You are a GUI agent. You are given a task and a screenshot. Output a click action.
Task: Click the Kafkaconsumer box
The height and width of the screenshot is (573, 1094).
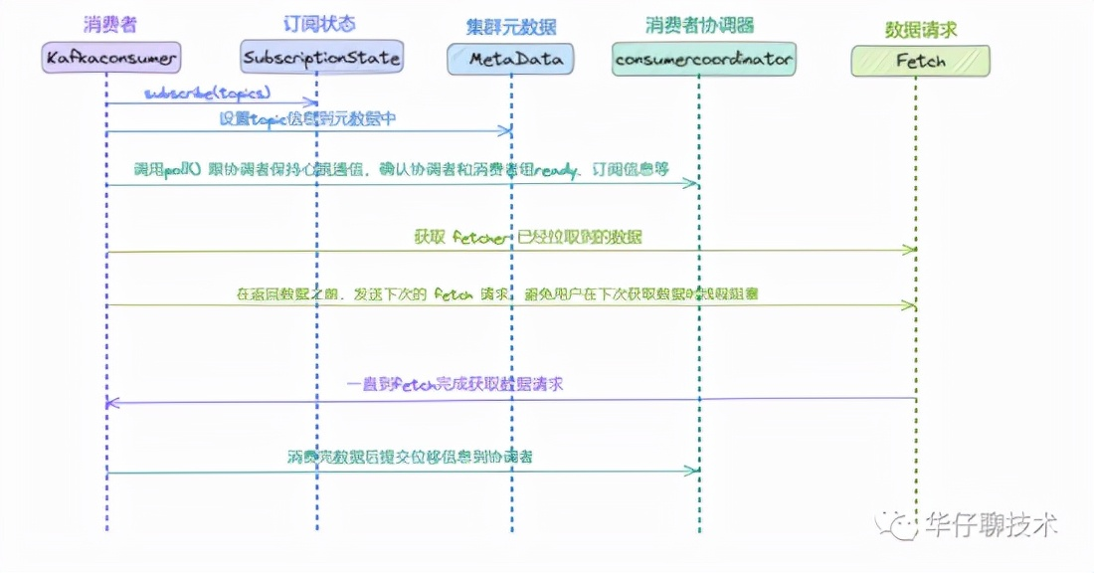[x=111, y=58]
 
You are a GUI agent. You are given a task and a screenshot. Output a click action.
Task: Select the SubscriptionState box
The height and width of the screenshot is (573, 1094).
[x=322, y=57]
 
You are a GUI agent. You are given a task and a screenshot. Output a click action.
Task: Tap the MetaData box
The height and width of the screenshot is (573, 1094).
[x=510, y=59]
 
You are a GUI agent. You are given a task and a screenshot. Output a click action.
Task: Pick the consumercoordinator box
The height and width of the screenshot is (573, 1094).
[x=703, y=60]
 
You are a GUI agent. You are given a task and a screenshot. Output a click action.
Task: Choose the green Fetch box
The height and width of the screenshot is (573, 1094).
[x=920, y=61]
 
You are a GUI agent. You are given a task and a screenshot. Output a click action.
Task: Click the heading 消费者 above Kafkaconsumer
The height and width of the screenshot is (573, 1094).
[x=109, y=23]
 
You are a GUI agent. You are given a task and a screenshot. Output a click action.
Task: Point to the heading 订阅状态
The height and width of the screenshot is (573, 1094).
[x=319, y=22]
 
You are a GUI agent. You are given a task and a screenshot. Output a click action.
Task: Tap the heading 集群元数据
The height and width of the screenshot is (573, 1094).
[x=510, y=25]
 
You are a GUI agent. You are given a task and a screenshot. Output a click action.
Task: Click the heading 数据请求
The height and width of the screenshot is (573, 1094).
[x=919, y=27]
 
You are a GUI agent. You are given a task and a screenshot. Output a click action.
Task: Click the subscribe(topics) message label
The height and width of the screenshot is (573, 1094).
[x=207, y=93]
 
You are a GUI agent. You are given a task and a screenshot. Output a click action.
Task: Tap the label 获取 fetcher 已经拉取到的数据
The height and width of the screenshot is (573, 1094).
[x=528, y=237]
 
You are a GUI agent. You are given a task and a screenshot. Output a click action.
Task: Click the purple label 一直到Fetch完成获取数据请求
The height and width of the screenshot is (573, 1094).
[x=455, y=383]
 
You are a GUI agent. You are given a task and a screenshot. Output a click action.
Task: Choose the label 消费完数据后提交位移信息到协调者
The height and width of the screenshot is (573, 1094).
[x=409, y=457]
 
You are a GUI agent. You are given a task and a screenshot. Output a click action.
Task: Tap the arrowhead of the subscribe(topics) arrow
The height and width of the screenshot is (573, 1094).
[x=313, y=101]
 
